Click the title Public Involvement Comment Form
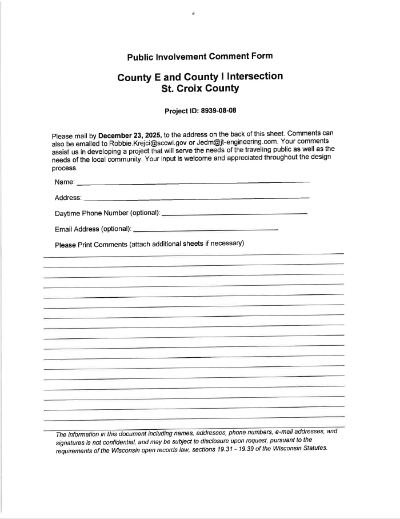(199, 56)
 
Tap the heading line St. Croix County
(200, 89)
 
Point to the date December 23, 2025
(130, 135)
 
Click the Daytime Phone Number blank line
(234, 214)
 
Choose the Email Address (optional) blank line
(205, 229)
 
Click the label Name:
(65, 182)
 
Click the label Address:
(68, 198)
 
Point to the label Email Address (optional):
(93, 229)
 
